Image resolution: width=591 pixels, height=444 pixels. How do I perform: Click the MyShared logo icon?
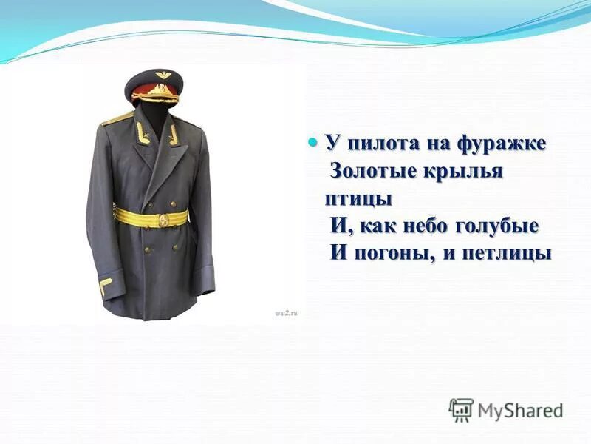[x=461, y=410]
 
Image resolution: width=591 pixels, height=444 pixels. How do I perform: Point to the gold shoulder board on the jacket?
[x=117, y=118]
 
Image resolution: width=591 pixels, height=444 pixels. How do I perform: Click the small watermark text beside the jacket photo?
[x=285, y=314]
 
